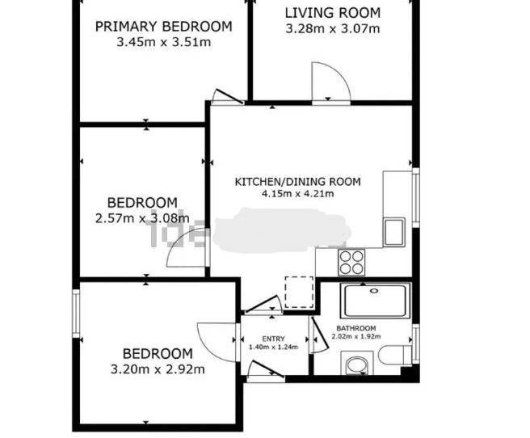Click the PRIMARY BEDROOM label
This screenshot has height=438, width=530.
[163, 27]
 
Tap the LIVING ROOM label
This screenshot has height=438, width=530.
[333, 13]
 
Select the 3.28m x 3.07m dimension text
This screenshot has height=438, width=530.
[333, 29]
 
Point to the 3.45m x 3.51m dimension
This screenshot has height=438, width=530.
[163, 42]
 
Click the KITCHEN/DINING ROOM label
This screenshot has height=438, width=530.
[298, 182]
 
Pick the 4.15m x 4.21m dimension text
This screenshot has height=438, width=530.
[298, 194]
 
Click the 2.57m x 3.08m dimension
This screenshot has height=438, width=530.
[142, 218]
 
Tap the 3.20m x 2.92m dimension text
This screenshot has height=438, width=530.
[158, 369]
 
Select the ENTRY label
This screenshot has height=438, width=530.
[273, 339]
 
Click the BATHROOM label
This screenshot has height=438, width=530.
[356, 328]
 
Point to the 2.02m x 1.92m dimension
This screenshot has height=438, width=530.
[356, 336]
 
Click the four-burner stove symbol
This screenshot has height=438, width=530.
[351, 263]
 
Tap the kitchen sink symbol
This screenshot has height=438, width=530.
[393, 232]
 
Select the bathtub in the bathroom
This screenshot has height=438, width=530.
[376, 301]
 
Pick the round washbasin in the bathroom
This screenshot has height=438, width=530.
[357, 366]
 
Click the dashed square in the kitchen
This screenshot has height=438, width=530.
[299, 293]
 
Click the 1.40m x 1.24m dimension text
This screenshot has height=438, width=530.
[273, 347]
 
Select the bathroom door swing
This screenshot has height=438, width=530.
[319, 336]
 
